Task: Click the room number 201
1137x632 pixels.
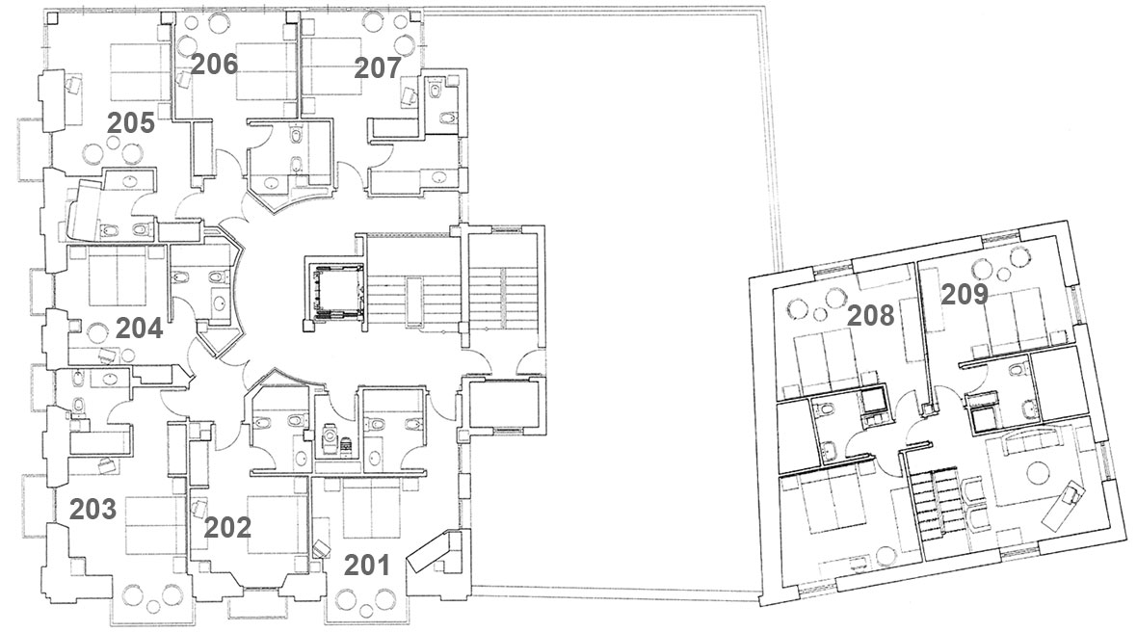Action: coord(367,565)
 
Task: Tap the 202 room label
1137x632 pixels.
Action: coord(227,527)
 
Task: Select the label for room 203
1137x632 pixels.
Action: coord(93,510)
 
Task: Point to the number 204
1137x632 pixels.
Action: coord(139,329)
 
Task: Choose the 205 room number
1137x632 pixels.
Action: coord(131,123)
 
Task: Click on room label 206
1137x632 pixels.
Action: coord(215,65)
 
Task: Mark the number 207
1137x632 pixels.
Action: coord(378,68)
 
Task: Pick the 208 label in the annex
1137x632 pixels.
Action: coord(871,315)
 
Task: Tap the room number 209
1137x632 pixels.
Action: coord(965,294)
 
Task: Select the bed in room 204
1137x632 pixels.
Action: coord(118,276)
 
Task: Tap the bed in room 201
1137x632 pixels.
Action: coord(371,511)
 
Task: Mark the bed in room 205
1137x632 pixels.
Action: coord(140,72)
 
